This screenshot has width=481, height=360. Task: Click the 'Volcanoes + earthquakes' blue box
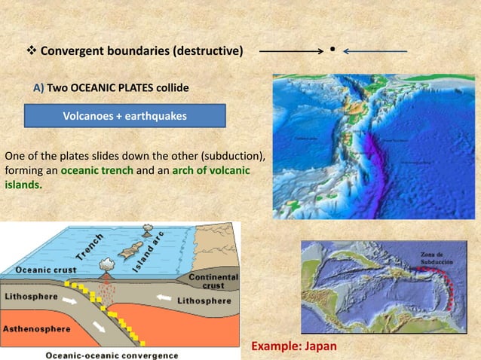(126, 116)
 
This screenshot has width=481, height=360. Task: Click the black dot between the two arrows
(332, 51)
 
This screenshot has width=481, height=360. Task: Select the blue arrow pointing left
(375, 51)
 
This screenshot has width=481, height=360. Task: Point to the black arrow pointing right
(292, 51)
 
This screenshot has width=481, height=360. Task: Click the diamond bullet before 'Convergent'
(31, 51)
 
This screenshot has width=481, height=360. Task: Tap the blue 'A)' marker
(39, 88)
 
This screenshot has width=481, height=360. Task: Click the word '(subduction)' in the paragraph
(233, 156)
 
